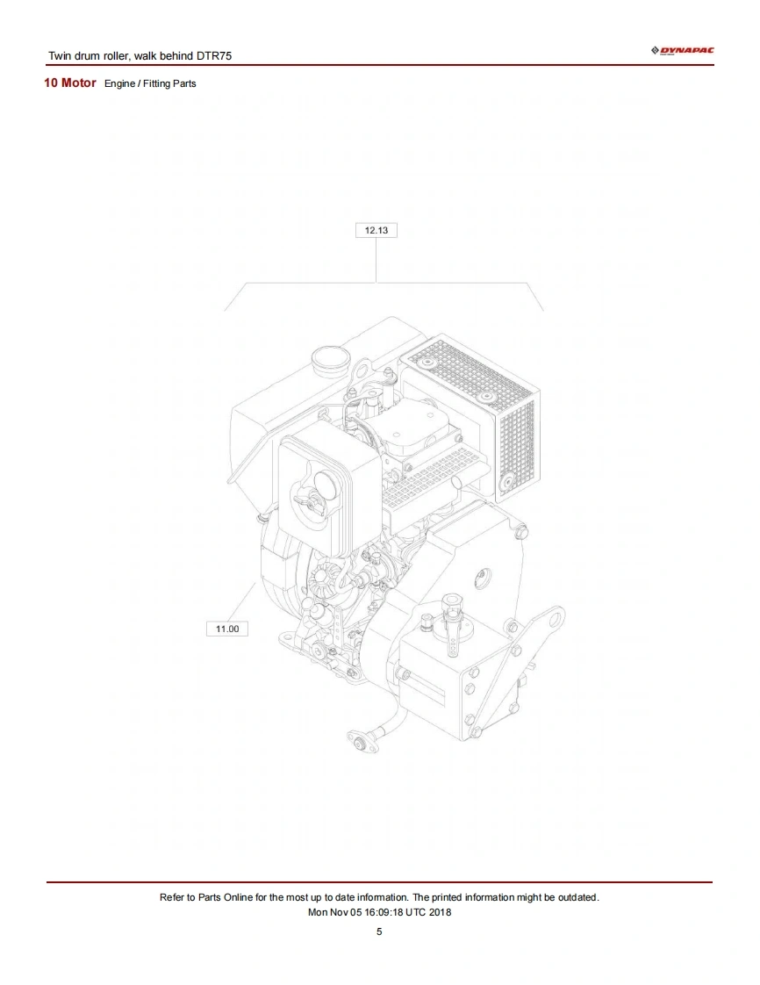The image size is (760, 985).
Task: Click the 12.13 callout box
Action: tap(376, 230)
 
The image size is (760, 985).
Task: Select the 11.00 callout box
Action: tap(227, 629)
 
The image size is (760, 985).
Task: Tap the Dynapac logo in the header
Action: tap(682, 50)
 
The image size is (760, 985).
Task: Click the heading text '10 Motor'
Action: tap(69, 83)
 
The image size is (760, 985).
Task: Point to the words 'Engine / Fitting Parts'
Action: tap(150, 83)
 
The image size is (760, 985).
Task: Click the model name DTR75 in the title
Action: tap(214, 56)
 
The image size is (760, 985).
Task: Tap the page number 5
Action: tap(379, 931)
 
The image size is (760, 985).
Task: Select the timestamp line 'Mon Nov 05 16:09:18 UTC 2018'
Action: tap(379, 912)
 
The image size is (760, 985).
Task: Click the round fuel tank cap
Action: tap(328, 361)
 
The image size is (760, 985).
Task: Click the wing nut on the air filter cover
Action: tap(309, 502)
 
